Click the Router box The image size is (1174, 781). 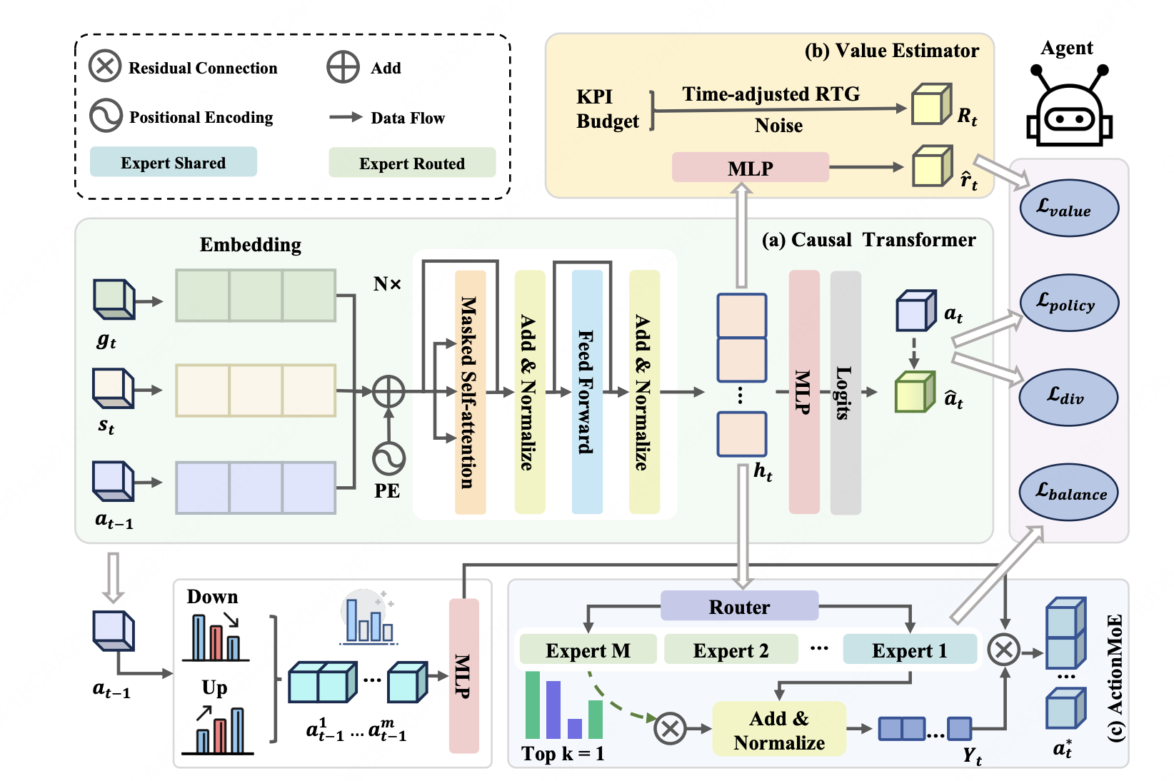click(739, 606)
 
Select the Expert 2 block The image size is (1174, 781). click(731, 650)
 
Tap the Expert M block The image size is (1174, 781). click(588, 650)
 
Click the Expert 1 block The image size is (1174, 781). click(910, 650)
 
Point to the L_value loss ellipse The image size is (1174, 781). click(1069, 208)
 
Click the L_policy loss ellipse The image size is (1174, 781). click(1069, 303)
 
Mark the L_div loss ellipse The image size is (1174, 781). click(1068, 397)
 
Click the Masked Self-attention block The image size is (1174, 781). click(470, 392)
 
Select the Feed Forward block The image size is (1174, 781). click(587, 392)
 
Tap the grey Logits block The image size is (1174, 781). click(846, 393)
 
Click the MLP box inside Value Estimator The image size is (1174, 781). click(751, 168)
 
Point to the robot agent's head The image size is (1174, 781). click(1069, 115)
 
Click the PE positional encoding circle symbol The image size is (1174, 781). click(388, 458)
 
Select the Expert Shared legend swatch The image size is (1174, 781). click(174, 162)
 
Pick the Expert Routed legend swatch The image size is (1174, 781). click(412, 162)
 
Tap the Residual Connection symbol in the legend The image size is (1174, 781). click(105, 66)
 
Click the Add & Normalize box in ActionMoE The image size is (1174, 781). click(779, 729)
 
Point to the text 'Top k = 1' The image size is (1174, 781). click(563, 753)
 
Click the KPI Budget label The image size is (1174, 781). click(607, 109)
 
